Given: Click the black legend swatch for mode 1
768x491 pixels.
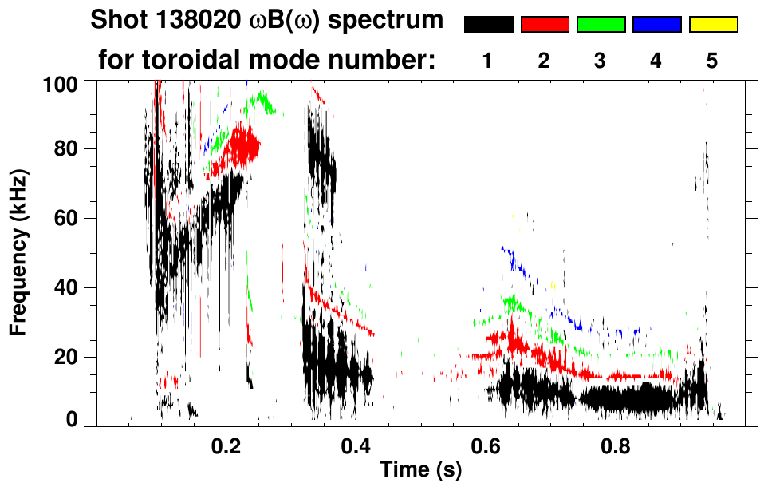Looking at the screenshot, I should [x=488, y=25].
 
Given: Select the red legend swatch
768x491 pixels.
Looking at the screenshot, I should [x=545, y=25].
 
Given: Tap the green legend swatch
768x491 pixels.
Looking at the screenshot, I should [x=601, y=25].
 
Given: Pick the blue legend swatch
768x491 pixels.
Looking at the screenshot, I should [x=656, y=25].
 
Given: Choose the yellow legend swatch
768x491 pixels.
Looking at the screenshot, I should [x=713, y=25].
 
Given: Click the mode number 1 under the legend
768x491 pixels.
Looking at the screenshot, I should [x=487, y=61].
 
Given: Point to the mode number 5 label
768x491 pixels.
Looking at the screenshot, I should [x=712, y=61].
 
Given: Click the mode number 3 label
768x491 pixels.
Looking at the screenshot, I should [x=601, y=61].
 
